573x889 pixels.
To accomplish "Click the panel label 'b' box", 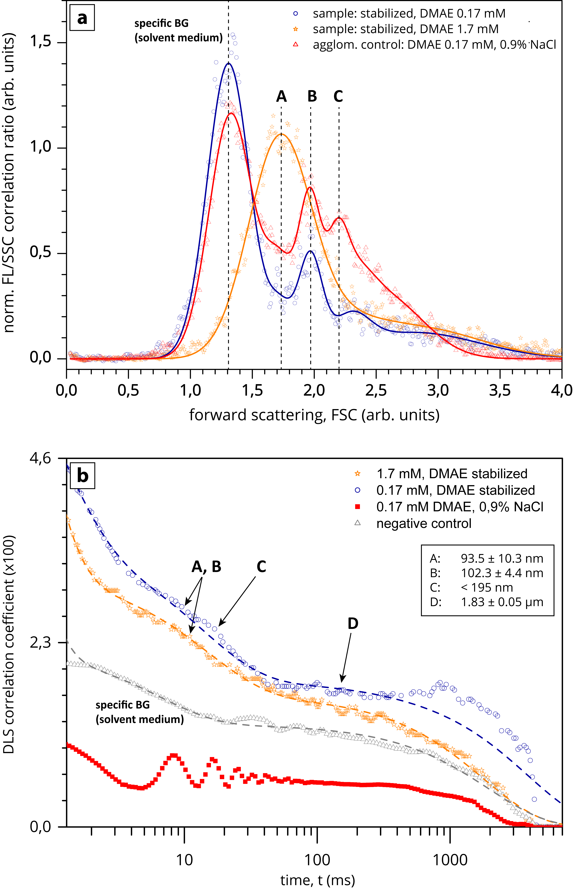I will (x=82, y=475).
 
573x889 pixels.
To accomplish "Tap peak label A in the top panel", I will (x=281, y=97).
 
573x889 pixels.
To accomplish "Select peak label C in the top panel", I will (x=338, y=97).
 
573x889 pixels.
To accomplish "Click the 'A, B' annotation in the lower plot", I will (x=206, y=567).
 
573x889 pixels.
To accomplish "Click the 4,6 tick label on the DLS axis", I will (x=40, y=459).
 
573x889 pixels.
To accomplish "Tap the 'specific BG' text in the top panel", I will (x=161, y=23).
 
